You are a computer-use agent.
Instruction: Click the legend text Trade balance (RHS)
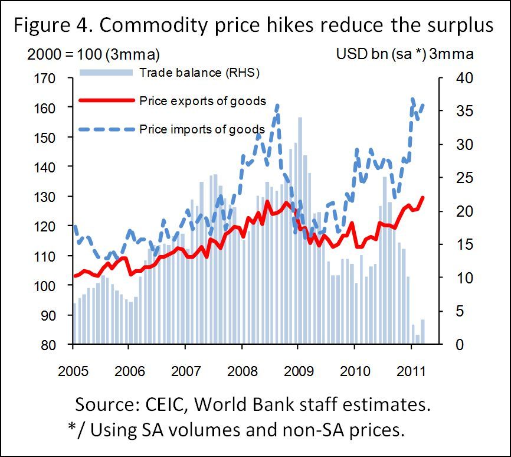point(199,73)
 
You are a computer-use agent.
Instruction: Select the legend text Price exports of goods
point(202,101)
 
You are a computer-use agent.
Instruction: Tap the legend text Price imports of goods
point(202,129)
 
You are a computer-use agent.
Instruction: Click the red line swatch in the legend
point(106,100)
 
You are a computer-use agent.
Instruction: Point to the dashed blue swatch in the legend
point(106,129)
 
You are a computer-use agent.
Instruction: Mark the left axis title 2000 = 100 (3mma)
point(94,55)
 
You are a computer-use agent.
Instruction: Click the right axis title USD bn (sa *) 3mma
point(405,55)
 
